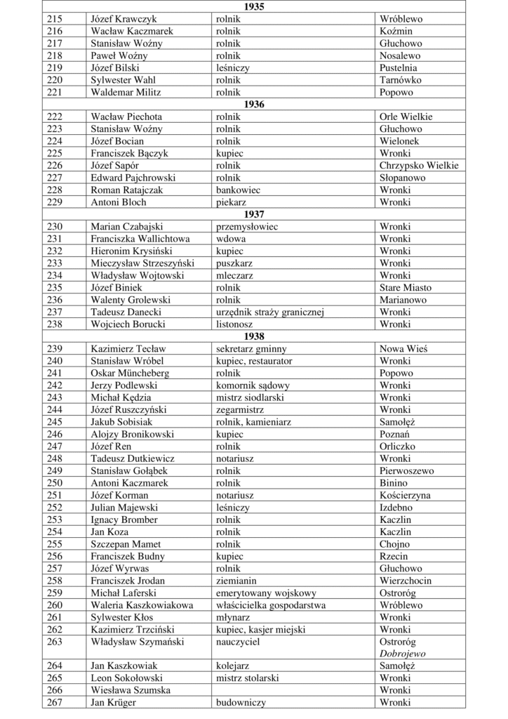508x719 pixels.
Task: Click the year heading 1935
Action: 253,6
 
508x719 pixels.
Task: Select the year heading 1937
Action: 253,214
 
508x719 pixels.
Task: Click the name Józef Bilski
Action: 116,68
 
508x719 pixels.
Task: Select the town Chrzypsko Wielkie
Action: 419,166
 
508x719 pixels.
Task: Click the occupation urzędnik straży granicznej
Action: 269,312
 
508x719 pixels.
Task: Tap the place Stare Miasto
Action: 406,287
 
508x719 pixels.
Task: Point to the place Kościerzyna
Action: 405,495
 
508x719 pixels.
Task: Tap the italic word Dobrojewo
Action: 403,653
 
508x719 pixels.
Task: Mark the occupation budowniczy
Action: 240,702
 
